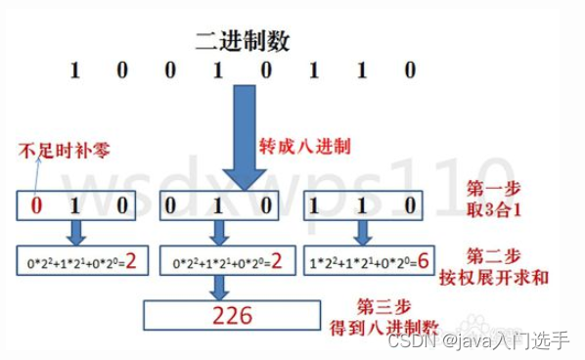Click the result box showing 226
coord(232,315)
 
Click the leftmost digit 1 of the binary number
coord(74,71)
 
